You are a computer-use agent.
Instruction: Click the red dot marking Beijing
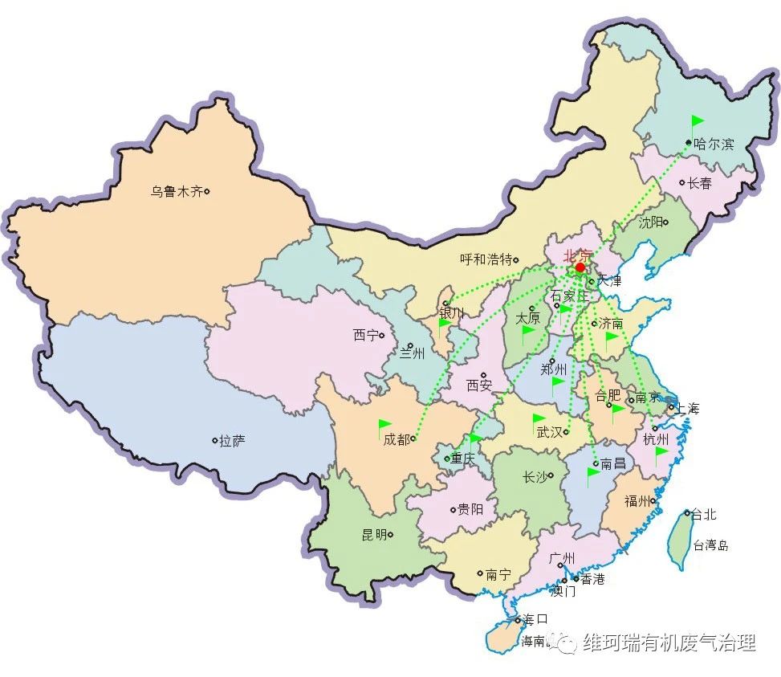[580, 267]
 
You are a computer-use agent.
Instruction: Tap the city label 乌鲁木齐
[177, 192]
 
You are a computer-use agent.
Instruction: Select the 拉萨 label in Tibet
[233, 441]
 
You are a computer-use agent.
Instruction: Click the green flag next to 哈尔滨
[697, 123]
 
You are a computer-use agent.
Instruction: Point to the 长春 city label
[699, 183]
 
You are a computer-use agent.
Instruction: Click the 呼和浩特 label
[486, 259]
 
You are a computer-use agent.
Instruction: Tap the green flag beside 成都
[385, 425]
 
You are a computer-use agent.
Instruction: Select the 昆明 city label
[374, 534]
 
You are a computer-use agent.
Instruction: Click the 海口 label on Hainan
[534, 619]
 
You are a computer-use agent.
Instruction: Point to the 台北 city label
[704, 514]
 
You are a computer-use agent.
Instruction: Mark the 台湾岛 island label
[711, 545]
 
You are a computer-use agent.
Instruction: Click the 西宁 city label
[365, 336]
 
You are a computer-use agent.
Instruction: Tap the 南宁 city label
[498, 574]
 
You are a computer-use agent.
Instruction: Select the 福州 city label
[637, 501]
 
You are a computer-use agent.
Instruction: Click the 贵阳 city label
[470, 508]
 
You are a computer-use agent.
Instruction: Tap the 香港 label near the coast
[592, 579]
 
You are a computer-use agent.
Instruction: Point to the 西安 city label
[479, 385]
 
